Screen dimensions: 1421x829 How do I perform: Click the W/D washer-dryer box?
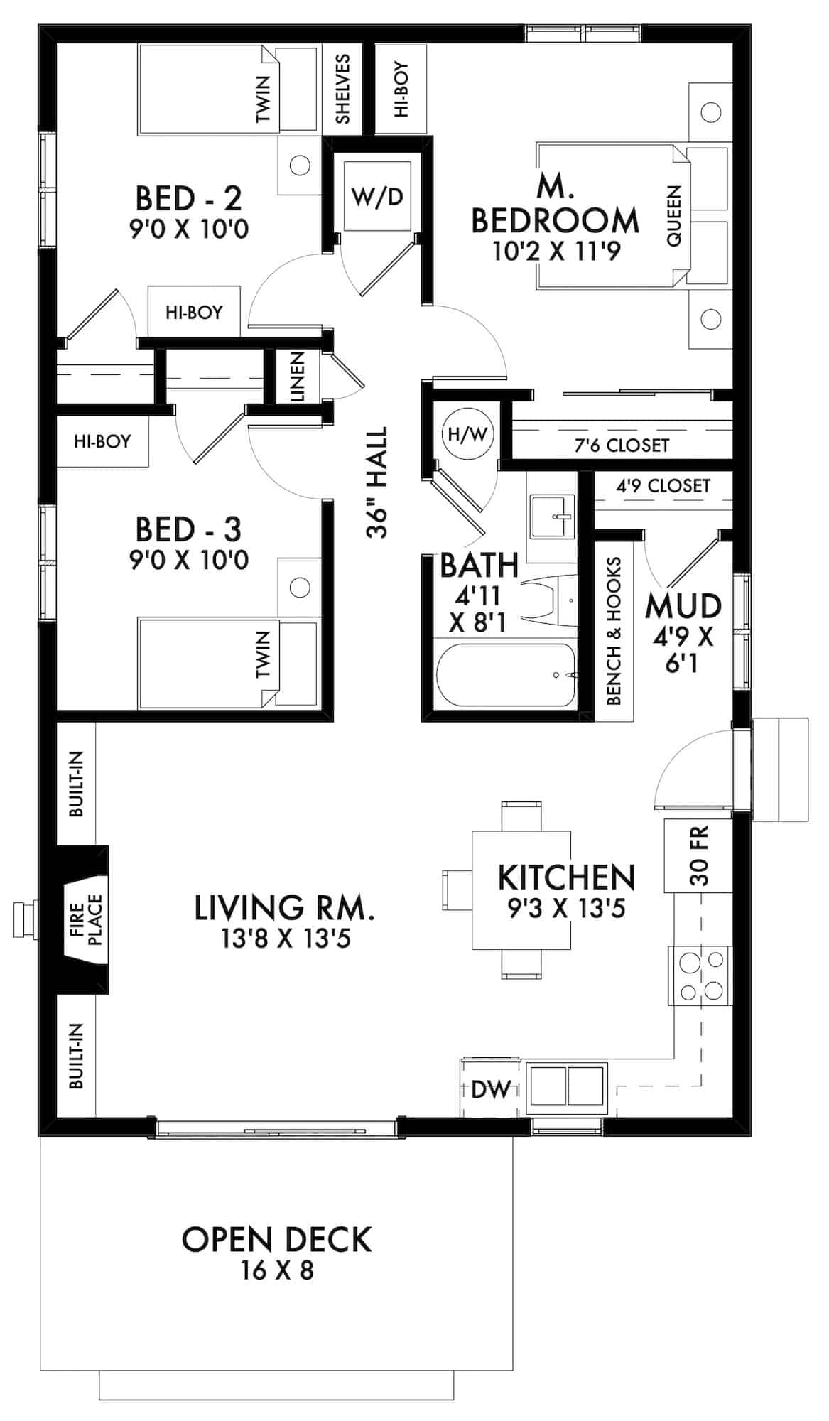[x=377, y=196]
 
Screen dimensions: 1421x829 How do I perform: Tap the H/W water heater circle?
[x=466, y=434]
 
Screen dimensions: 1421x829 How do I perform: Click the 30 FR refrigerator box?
[x=698, y=855]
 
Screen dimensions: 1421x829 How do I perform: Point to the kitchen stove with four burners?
[x=700, y=975]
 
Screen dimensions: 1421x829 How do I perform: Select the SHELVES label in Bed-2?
[x=342, y=88]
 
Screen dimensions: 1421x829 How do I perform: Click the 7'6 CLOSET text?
[x=622, y=445]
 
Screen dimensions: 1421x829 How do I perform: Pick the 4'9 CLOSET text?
[x=663, y=485]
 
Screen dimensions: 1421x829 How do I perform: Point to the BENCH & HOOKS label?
[x=614, y=631]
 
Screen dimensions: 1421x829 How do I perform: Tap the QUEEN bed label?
[x=674, y=215]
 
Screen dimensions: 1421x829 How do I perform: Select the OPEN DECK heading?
[x=276, y=1240]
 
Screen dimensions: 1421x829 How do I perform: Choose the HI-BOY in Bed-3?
[x=102, y=441]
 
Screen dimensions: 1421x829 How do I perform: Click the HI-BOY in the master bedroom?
[x=401, y=89]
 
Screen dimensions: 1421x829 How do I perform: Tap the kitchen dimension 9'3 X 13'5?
[x=566, y=908]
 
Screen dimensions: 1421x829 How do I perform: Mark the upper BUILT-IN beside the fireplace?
[x=76, y=783]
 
